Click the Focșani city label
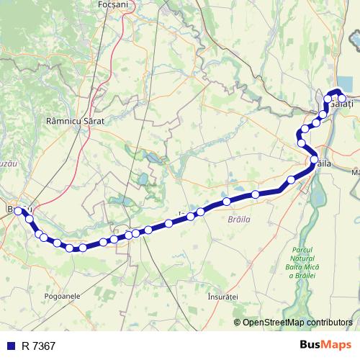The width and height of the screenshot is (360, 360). click(x=112, y=4)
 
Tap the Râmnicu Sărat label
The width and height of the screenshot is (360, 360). click(x=75, y=121)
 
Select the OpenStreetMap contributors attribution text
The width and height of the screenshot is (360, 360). click(x=297, y=322)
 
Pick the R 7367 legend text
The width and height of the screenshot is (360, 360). click(x=39, y=346)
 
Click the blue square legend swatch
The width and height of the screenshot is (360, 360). click(x=11, y=346)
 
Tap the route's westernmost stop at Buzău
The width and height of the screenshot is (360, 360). click(x=19, y=211)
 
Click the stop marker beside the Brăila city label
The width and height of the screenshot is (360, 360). click(x=314, y=159)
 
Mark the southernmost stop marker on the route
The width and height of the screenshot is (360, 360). click(x=70, y=248)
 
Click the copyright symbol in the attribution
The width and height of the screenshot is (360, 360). click(x=238, y=322)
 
